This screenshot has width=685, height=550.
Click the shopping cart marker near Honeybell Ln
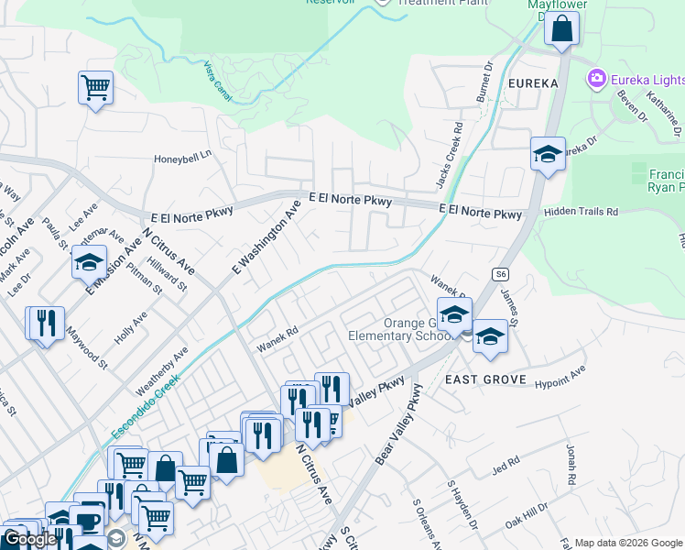pos(95,88)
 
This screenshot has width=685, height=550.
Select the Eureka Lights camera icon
pos(597,79)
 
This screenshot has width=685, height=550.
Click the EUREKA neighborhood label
pos(532,83)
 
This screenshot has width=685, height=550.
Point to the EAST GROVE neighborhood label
pos(485,379)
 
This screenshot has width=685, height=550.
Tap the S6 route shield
pos(499,273)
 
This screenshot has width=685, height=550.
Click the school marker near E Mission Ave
pos(89,262)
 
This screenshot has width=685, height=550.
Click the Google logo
pos(30,539)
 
